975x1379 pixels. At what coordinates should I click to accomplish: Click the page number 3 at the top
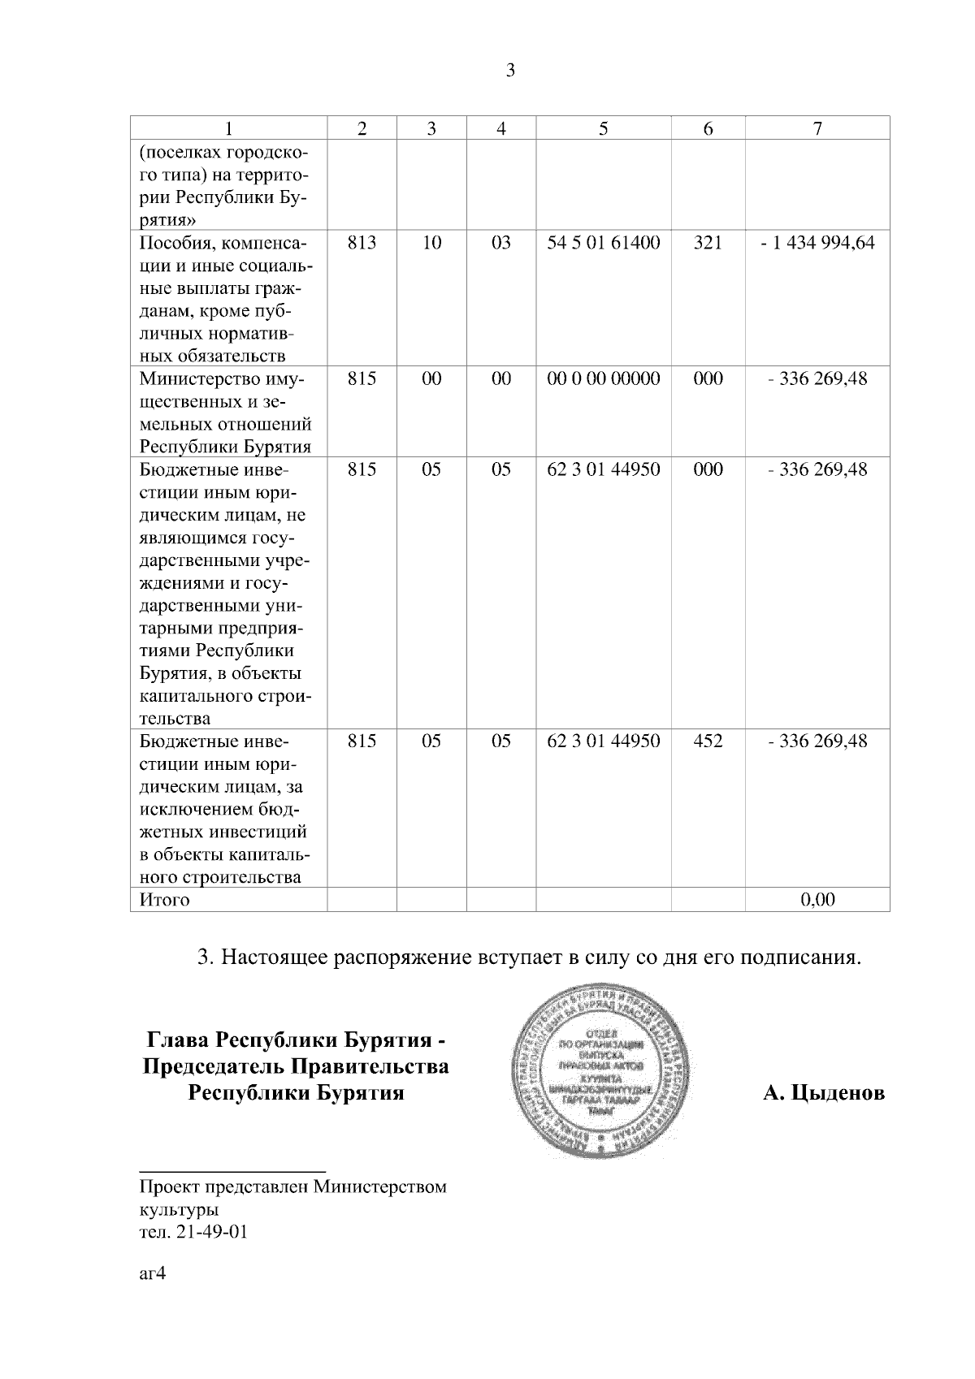[510, 71]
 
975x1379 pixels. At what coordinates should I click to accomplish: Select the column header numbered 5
[603, 128]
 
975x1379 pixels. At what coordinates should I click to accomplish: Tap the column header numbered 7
[817, 128]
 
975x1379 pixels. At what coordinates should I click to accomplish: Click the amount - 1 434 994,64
[817, 243]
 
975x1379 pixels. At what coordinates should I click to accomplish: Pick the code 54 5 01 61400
[604, 243]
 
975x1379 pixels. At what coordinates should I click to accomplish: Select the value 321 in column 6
[708, 243]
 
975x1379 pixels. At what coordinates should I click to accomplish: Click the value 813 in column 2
[362, 243]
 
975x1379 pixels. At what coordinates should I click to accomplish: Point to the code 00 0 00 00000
[604, 379]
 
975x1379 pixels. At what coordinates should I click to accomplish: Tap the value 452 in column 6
[708, 741]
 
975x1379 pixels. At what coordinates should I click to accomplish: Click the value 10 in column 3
[431, 243]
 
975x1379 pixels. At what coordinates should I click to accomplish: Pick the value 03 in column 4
[501, 243]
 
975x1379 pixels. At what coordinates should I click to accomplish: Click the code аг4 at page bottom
[153, 1273]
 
